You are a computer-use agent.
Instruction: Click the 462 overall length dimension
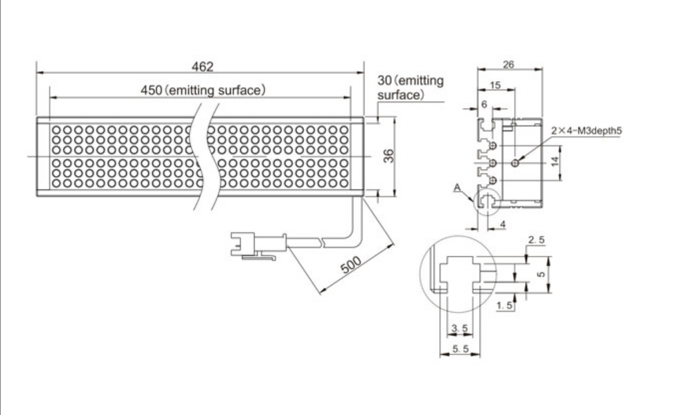coord(202,67)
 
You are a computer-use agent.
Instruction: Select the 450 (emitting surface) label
coord(203,90)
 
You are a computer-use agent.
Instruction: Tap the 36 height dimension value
coord(389,156)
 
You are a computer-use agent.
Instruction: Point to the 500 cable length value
coord(351,265)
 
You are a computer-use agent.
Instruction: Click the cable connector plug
coord(258,246)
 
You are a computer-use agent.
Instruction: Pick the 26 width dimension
coord(508,65)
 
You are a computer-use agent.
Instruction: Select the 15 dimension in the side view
coord(495,85)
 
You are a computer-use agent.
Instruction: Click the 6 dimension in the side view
coord(484,104)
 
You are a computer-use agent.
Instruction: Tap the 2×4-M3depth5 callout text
coord(586,130)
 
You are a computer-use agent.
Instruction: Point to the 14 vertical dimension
coord(555,162)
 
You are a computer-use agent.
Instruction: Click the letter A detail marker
coord(457,188)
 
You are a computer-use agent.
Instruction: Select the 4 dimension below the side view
coord(502,224)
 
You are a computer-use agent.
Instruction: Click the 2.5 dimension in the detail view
coord(536,239)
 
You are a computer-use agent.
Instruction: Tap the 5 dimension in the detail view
coord(541,274)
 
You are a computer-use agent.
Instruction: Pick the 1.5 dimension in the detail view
coord(504,305)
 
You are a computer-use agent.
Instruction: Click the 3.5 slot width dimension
coord(459,328)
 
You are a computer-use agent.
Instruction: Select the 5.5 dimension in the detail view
coord(460,349)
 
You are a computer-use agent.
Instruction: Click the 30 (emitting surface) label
coord(411,88)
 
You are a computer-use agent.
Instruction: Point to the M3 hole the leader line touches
coord(515,163)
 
